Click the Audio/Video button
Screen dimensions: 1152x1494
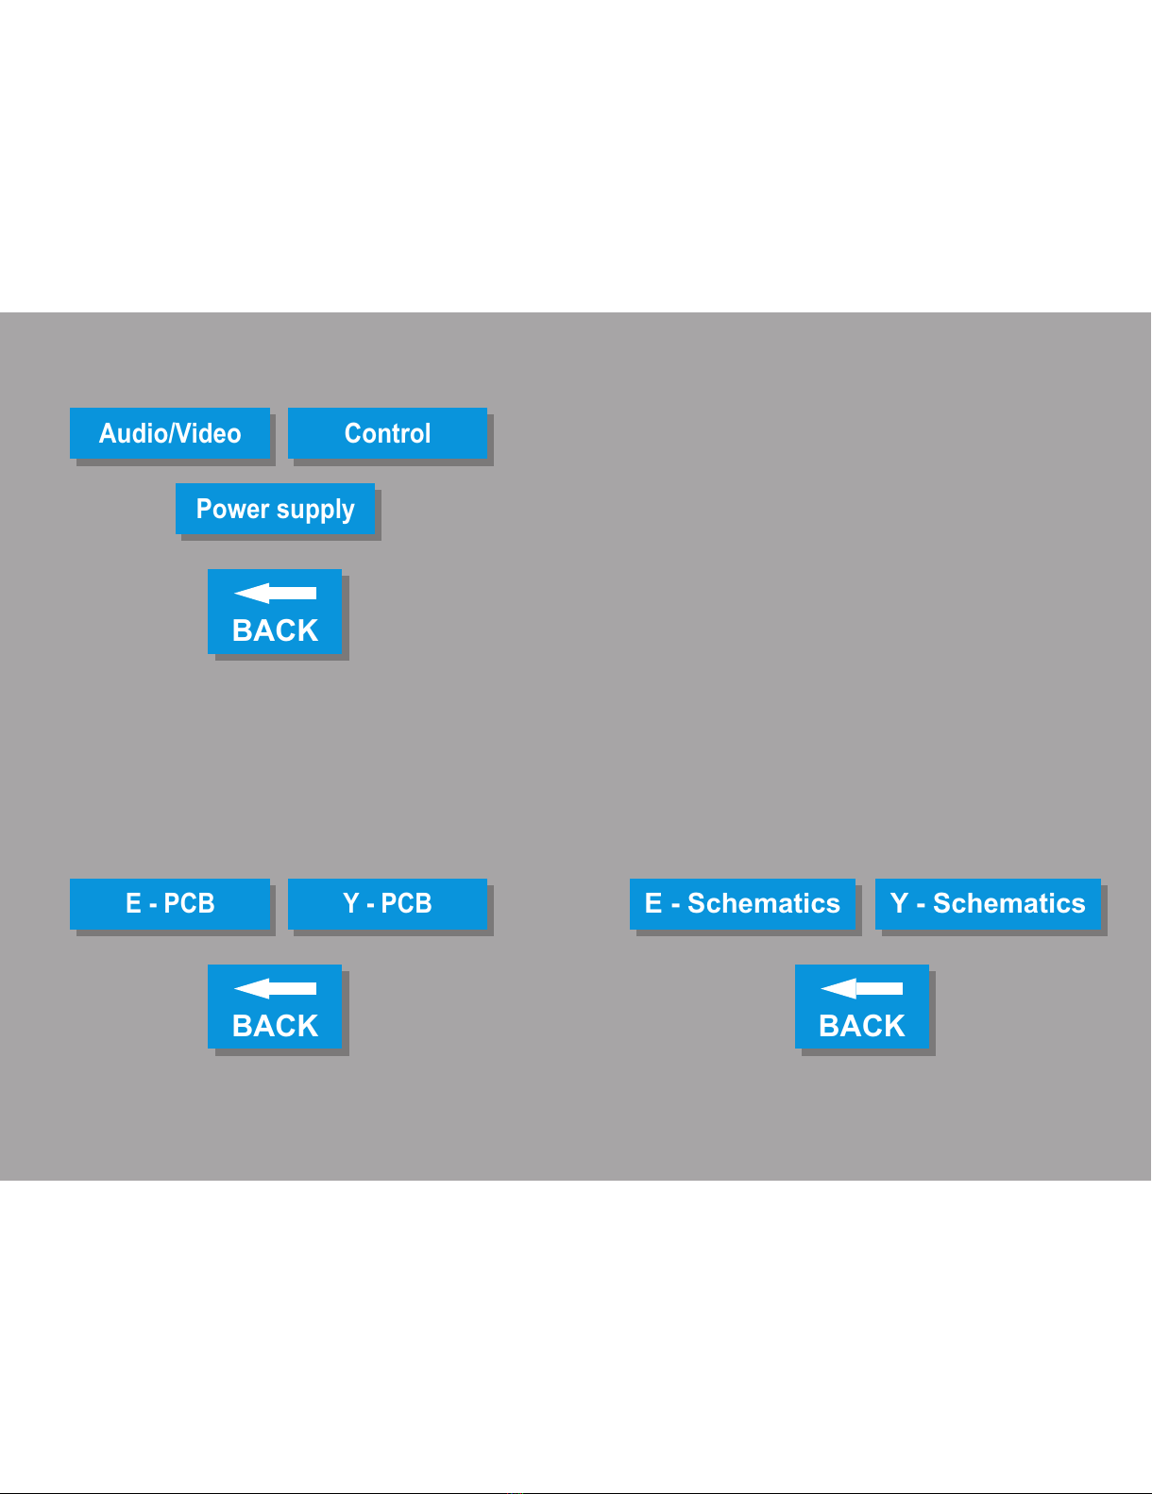(170, 433)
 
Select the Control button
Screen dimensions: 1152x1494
(387, 433)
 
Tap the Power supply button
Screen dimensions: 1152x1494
(275, 509)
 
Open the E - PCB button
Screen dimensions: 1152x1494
(170, 903)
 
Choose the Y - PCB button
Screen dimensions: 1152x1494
(387, 903)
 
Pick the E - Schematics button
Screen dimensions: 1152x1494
(742, 903)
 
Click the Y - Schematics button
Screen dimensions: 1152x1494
(988, 903)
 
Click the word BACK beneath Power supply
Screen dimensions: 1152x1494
(275, 630)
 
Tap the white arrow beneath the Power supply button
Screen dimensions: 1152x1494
(275, 593)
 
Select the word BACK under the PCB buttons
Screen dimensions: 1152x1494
(275, 1026)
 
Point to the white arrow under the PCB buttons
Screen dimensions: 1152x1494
(275, 988)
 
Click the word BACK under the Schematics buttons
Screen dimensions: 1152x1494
(862, 1026)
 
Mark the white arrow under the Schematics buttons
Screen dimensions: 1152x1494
(862, 988)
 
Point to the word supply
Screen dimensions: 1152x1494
(315, 511)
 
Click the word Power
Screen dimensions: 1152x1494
(232, 509)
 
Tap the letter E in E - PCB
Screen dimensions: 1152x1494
(133, 903)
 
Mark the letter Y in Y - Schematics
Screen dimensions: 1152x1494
(899, 903)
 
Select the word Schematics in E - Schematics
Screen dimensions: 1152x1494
(763, 903)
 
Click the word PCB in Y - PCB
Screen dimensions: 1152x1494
(406, 903)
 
